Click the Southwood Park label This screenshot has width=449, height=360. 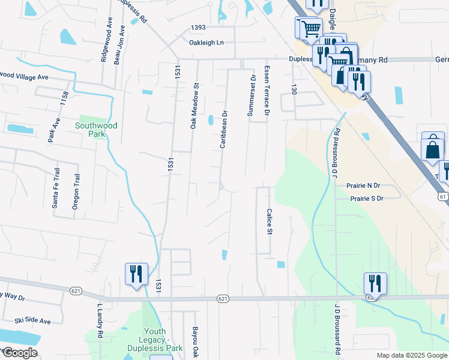click(x=96, y=130)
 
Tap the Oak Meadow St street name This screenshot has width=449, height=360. click(x=194, y=106)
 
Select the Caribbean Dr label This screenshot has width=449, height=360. click(x=223, y=129)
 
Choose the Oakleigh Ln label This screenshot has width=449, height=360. click(x=206, y=43)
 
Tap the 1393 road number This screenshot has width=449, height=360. click(x=198, y=28)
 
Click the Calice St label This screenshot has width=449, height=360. click(x=270, y=222)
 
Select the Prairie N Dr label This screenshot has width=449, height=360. click(x=367, y=186)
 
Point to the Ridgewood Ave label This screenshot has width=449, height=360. click(x=109, y=36)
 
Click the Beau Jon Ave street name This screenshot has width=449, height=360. click(x=122, y=43)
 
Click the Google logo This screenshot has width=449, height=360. click(x=20, y=353)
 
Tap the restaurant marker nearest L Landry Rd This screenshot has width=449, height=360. click(x=136, y=274)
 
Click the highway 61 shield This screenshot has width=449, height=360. click(x=444, y=196)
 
